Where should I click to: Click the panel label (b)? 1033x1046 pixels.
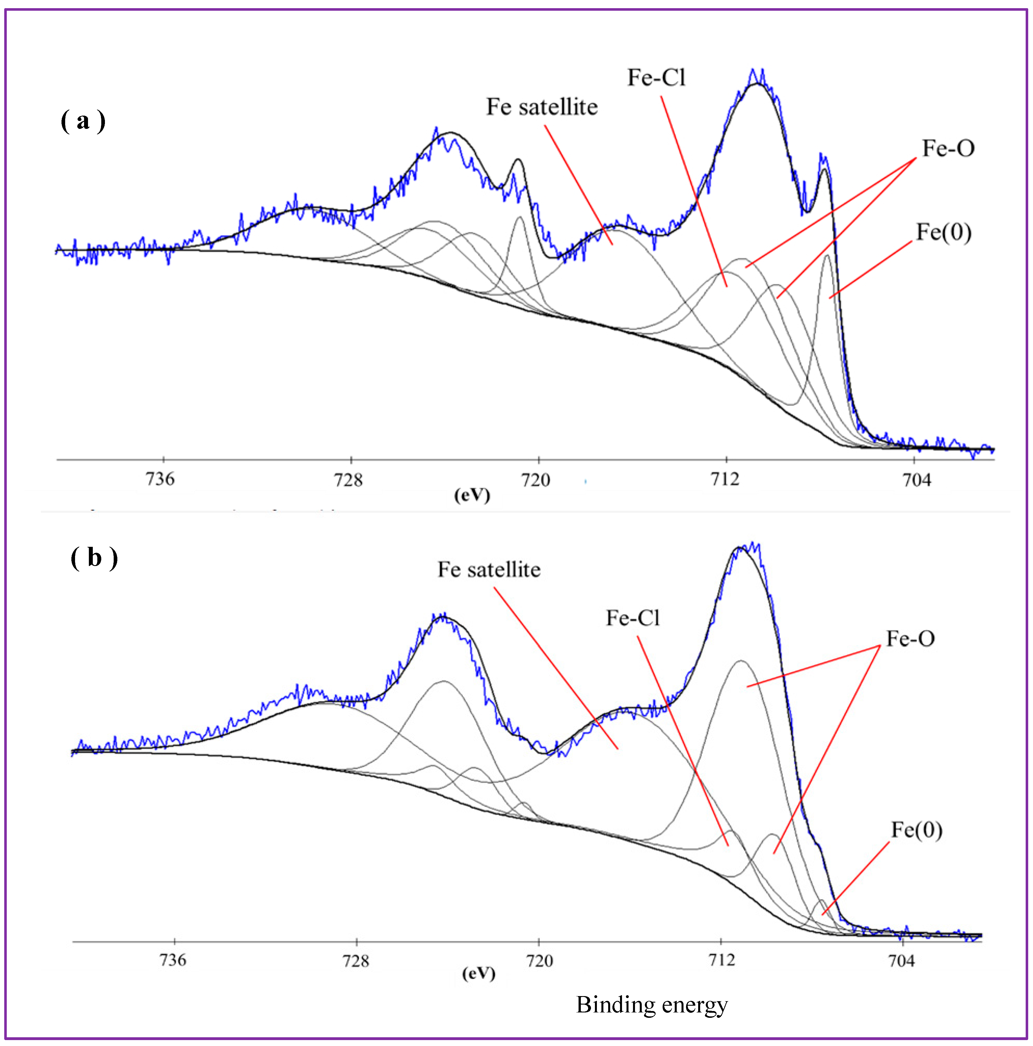pyautogui.click(x=94, y=558)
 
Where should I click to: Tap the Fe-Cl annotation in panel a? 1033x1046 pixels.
pyautogui.click(x=656, y=78)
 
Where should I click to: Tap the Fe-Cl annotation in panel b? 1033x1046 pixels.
pyautogui.click(x=632, y=618)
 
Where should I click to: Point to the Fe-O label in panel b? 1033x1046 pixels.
pyautogui.click(x=910, y=639)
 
